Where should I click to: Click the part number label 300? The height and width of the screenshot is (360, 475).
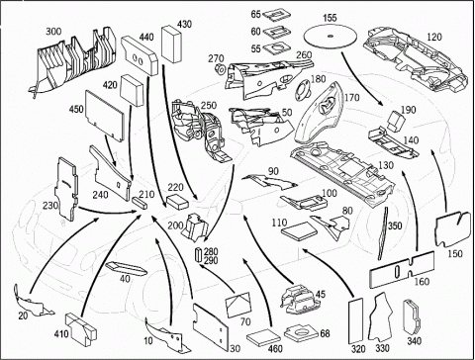[x=53, y=32]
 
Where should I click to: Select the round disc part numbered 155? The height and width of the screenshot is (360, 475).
[x=331, y=37]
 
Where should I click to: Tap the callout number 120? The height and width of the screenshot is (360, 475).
[x=433, y=37]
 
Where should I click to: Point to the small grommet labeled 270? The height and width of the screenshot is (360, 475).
[x=220, y=69]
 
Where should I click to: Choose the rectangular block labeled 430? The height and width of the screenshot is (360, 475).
[x=171, y=45]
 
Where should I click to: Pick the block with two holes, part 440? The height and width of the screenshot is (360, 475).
[x=140, y=56]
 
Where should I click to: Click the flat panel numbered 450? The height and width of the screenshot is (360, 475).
[x=105, y=116]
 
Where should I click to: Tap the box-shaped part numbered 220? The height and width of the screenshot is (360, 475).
[x=177, y=201]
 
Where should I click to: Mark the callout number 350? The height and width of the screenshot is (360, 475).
[x=395, y=225]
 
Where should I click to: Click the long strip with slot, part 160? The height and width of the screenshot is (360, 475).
[x=402, y=269]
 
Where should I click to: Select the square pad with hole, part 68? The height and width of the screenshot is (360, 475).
[x=298, y=334]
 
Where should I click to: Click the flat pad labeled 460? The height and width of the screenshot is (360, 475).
[x=264, y=336]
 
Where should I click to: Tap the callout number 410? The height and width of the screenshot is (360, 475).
[x=61, y=333]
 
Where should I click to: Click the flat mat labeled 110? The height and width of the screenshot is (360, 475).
[x=299, y=231]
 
